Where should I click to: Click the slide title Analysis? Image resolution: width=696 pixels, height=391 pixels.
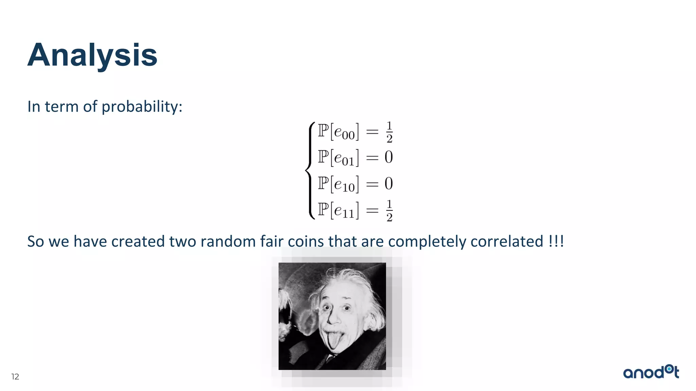click(92, 55)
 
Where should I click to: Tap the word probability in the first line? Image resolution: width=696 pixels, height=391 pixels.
click(142, 107)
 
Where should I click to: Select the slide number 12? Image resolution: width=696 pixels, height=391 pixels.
click(15, 377)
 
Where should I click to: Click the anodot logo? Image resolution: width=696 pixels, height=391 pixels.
click(651, 372)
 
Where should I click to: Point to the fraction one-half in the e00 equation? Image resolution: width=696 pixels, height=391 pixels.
click(389, 132)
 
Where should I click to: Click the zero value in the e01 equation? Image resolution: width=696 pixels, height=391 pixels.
click(389, 157)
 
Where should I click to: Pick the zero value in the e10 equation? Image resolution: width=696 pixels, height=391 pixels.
click(389, 184)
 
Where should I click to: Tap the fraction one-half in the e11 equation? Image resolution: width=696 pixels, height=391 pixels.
click(389, 210)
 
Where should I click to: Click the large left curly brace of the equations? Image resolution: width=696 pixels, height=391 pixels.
click(309, 170)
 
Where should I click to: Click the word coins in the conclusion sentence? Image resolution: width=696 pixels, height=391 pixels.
click(306, 242)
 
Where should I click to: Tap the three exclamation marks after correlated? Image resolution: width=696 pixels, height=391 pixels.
click(556, 242)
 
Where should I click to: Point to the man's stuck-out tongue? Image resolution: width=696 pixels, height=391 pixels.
click(333, 341)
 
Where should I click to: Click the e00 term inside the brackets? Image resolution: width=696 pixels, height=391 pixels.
click(344, 132)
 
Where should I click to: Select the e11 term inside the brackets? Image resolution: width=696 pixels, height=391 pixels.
click(344, 211)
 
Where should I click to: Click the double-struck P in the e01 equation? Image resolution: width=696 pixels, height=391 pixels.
click(323, 157)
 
